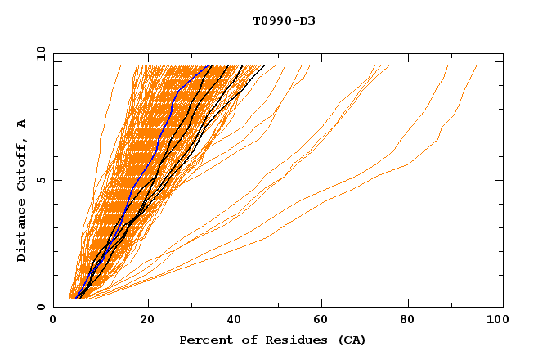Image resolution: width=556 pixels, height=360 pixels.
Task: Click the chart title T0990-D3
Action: coord(284,20)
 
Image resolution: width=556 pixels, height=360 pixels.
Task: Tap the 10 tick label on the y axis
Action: coord(39,53)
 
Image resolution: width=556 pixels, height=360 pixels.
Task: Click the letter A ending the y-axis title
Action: coord(22,124)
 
